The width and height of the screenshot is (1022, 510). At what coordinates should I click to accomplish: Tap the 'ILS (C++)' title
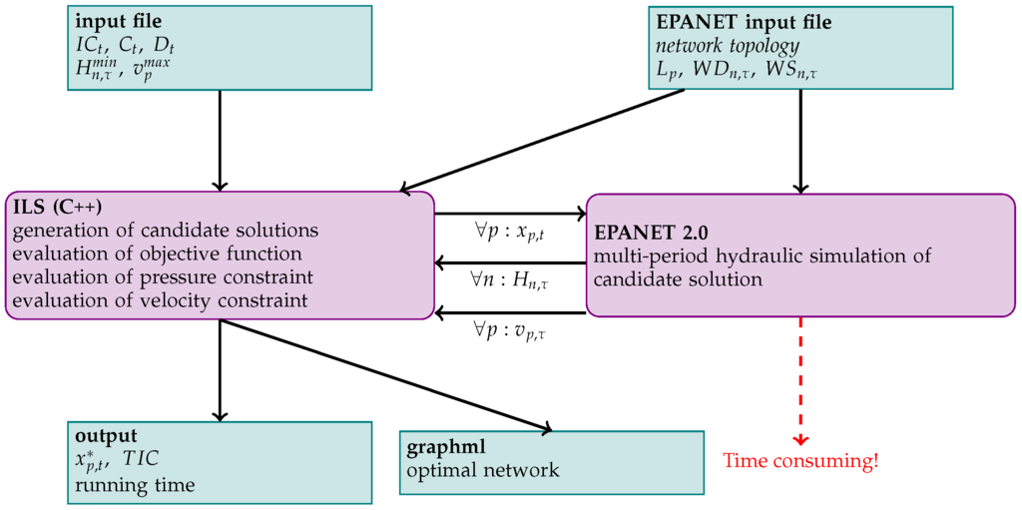59,208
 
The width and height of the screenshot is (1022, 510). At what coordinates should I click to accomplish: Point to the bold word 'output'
106,436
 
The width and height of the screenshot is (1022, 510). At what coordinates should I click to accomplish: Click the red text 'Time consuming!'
799,461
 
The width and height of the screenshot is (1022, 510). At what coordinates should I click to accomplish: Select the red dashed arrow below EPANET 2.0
800,379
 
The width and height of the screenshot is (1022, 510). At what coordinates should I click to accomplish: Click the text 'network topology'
727,46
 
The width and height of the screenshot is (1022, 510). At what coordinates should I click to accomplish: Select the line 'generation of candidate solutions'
166,231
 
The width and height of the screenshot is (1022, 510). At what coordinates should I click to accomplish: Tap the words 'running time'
134,484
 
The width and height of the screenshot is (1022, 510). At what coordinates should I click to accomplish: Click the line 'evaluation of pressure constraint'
164,276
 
